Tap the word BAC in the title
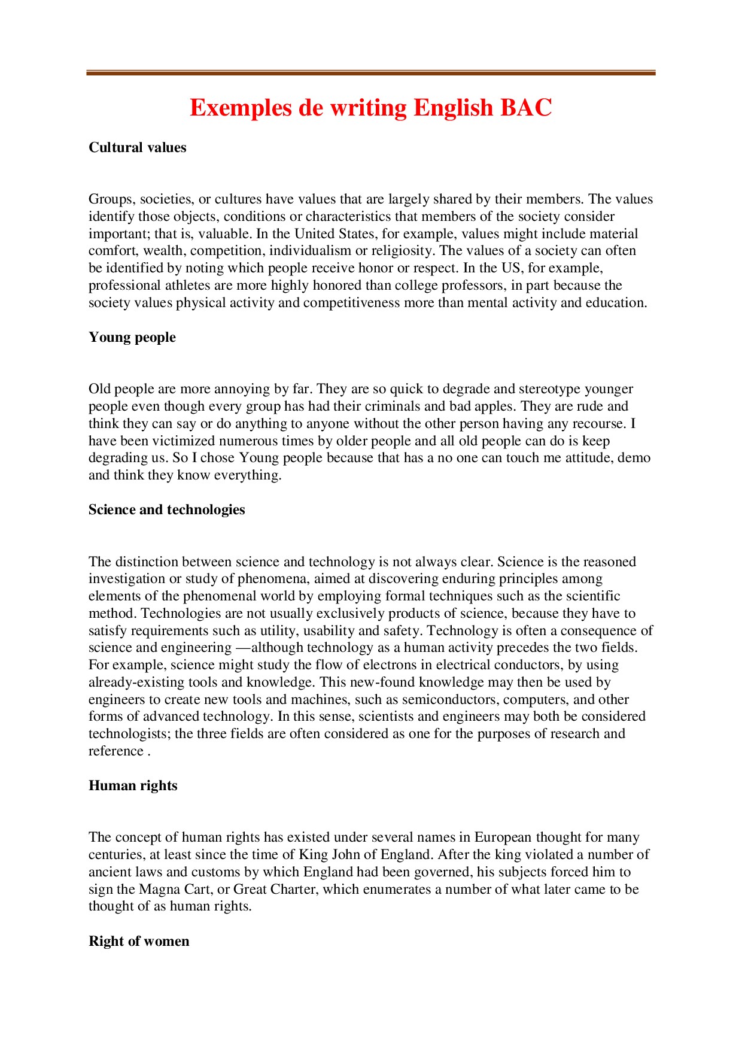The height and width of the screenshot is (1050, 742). pos(526,108)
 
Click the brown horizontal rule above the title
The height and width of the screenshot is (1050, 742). pos(371,73)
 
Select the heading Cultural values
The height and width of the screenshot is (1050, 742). pos(138,148)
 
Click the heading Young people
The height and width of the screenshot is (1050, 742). pos(132,338)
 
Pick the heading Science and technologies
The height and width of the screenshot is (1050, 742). pos(167,510)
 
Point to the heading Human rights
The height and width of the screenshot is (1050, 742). pos(133,786)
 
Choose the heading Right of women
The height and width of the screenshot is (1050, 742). pos(139,942)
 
